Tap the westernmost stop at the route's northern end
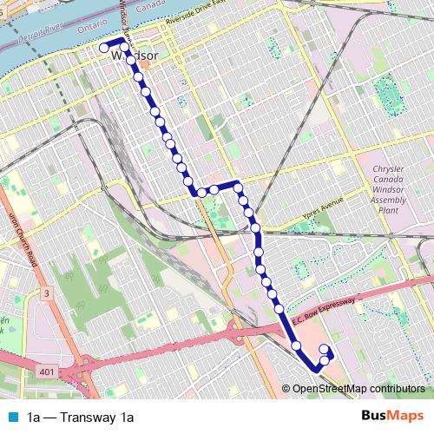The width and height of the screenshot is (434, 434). [x=103, y=48]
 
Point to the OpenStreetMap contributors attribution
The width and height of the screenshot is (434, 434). [x=358, y=390]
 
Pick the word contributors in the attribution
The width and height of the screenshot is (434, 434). [x=398, y=390]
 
